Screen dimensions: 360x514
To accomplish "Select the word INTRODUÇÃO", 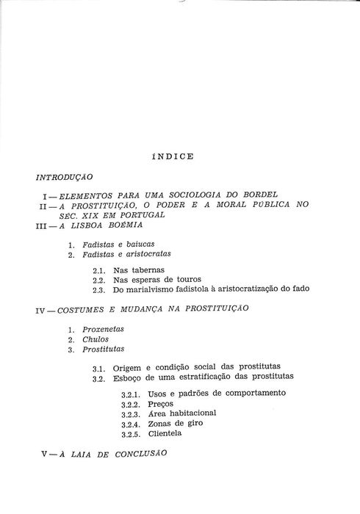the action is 63,178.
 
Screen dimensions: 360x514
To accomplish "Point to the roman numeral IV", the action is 42,311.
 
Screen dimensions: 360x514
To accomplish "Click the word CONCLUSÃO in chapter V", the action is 141,454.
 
